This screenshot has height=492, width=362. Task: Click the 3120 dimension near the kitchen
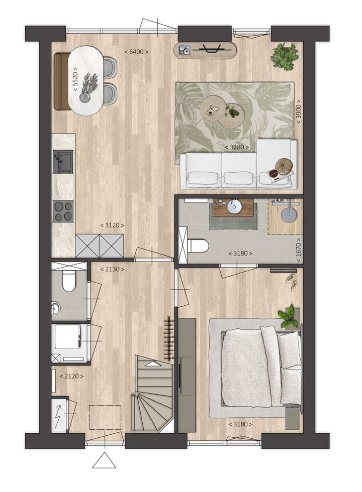(x=112, y=225)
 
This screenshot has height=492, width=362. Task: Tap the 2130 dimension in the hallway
(x=112, y=269)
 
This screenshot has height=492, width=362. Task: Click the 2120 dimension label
(x=71, y=376)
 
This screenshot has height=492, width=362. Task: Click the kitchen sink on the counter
(x=63, y=162)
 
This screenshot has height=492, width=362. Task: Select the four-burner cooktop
(x=63, y=211)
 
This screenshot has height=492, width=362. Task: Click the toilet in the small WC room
(x=67, y=282)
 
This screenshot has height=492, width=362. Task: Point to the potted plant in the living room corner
(x=285, y=56)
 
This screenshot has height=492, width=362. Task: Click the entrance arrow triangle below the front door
(x=104, y=460)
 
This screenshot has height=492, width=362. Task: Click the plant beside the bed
(x=289, y=316)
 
